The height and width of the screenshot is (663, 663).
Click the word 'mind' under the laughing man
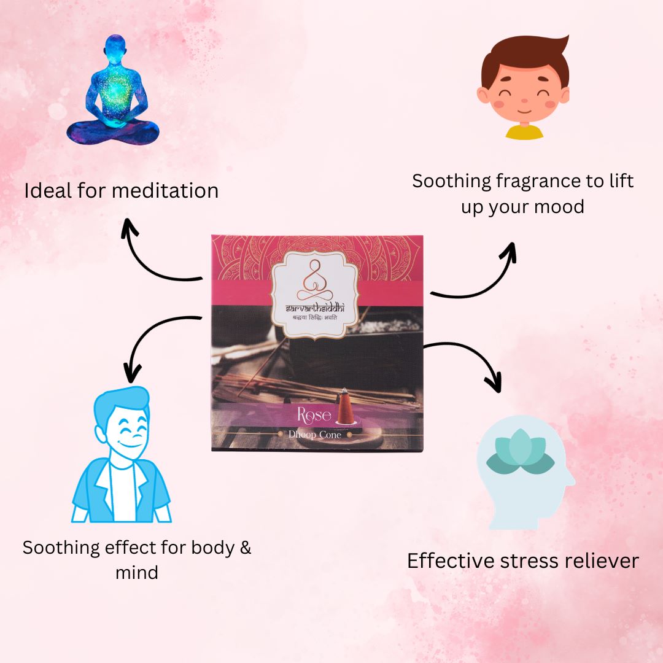(x=137, y=573)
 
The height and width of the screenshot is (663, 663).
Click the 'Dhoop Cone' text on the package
(x=314, y=434)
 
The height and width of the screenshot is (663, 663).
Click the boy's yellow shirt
(x=524, y=132)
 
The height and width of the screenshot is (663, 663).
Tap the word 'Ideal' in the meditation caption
(x=49, y=190)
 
